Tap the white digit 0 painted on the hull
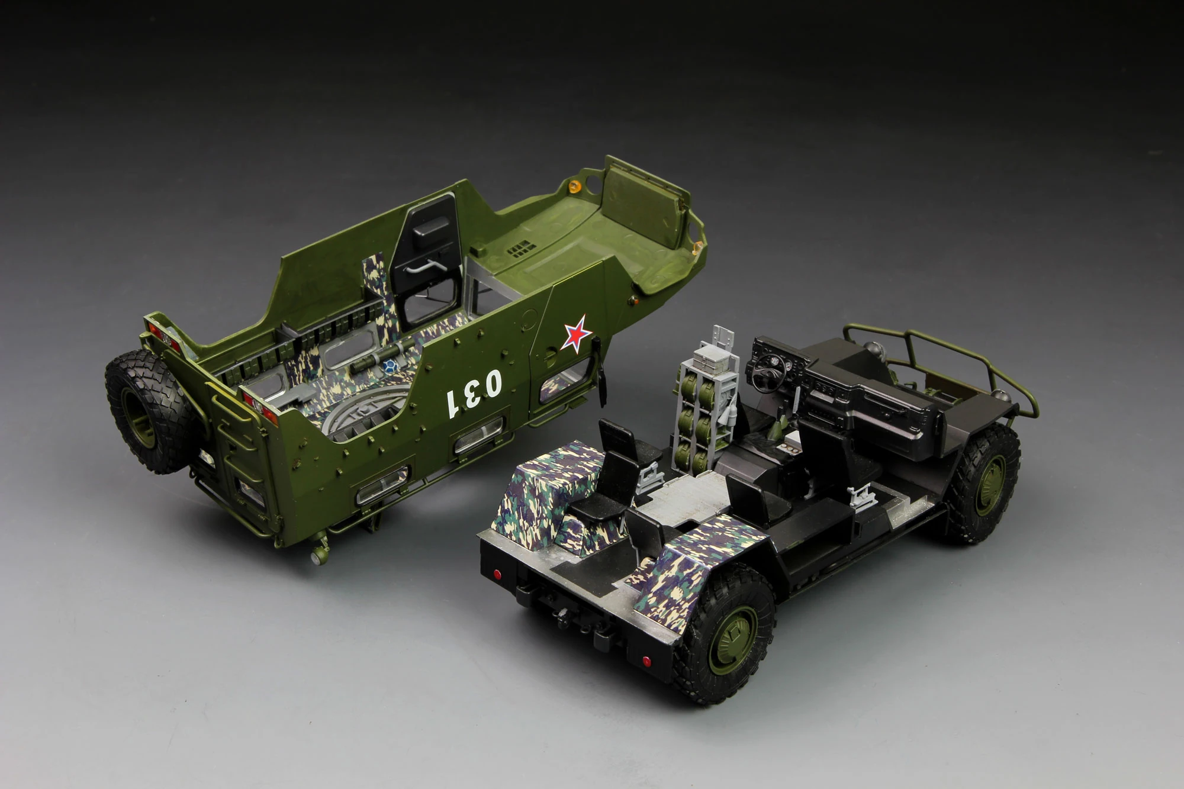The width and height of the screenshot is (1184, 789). click(491, 383)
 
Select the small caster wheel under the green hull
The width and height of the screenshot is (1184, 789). click(320, 555)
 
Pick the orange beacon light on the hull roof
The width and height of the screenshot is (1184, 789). click(572, 187)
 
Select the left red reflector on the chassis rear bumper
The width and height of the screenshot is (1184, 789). click(497, 574)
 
